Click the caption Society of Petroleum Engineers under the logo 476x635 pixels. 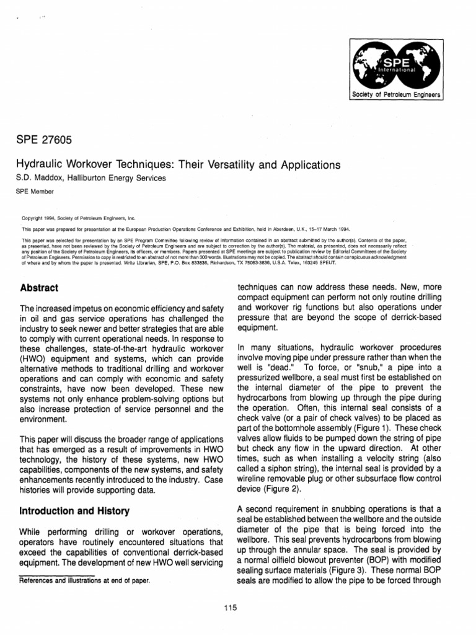pyautogui.click(x=395, y=94)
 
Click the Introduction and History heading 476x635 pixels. pyautogui.click(x=75, y=512)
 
